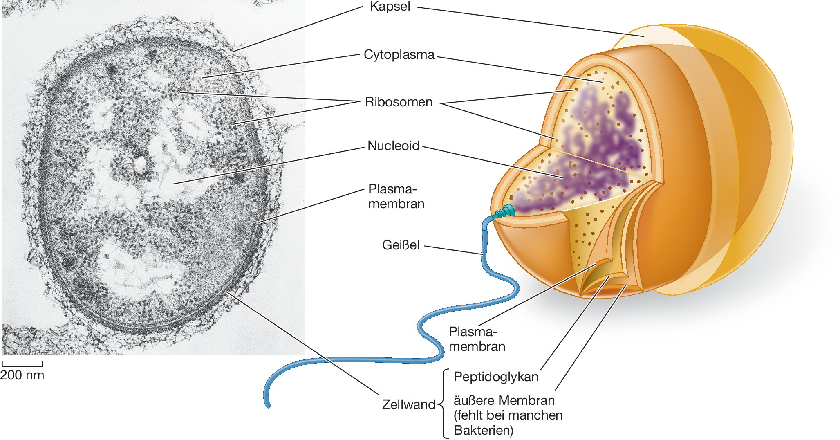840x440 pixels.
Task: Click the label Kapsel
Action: (390, 7)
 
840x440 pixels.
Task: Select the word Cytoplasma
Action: (399, 55)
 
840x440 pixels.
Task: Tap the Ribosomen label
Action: (399, 102)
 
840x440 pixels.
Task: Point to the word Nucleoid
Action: (393, 146)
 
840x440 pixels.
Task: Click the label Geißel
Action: (401, 245)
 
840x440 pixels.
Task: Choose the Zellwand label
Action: (408, 404)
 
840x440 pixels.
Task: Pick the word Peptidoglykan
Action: (496, 377)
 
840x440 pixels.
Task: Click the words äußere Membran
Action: (504, 400)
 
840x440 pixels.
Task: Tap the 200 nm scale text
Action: (22, 375)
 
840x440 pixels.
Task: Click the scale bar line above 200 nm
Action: (22, 365)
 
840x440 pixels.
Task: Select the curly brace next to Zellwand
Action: (444, 404)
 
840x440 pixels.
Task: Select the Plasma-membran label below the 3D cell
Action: (477, 339)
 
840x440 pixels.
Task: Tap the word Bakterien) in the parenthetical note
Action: (484, 430)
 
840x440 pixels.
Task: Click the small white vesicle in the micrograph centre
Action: (140, 164)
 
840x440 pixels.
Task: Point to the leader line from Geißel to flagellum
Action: (454, 250)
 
